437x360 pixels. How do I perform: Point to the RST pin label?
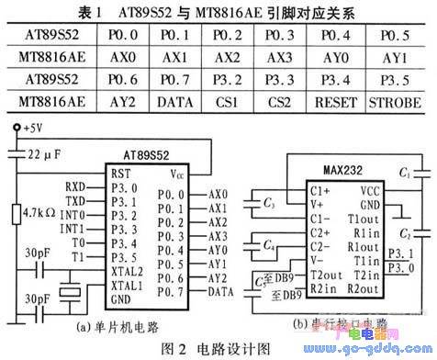tap(120, 174)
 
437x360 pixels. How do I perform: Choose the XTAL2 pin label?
tap(128, 271)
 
